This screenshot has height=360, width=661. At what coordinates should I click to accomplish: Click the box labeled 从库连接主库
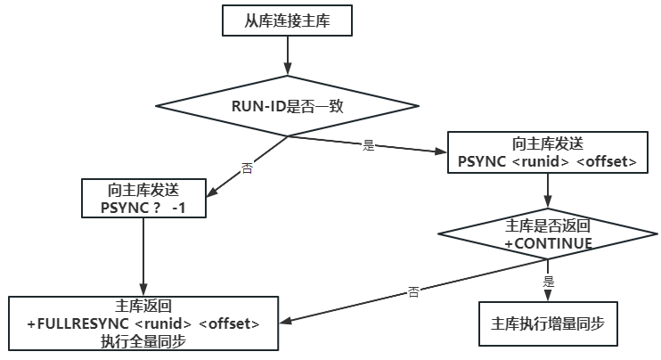point(288,20)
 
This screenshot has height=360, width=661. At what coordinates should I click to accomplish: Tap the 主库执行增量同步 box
point(548,323)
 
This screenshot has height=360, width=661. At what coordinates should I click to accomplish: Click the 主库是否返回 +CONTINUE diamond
point(548,234)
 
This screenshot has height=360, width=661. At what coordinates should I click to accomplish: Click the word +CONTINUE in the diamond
point(548,243)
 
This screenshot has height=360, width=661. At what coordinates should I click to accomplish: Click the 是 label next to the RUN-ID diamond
point(369,145)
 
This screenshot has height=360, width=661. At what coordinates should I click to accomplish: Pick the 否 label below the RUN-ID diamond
point(247,168)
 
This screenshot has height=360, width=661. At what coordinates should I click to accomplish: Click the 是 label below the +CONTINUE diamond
point(549,281)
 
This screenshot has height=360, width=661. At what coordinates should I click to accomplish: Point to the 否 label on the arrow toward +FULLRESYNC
point(412,291)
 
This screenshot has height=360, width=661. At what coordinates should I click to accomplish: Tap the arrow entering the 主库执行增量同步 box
point(548,287)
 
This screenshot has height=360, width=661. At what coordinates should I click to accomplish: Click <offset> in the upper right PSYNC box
point(606,162)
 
